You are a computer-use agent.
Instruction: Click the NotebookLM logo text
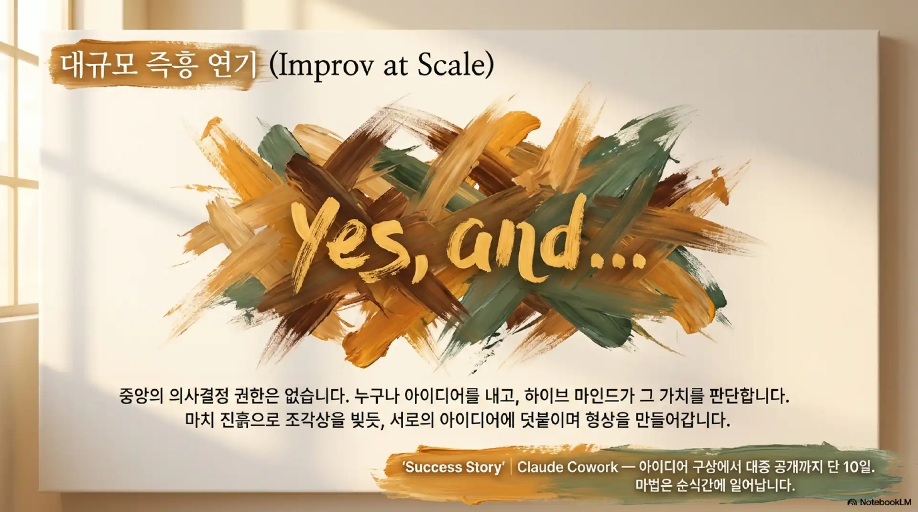point(880,502)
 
